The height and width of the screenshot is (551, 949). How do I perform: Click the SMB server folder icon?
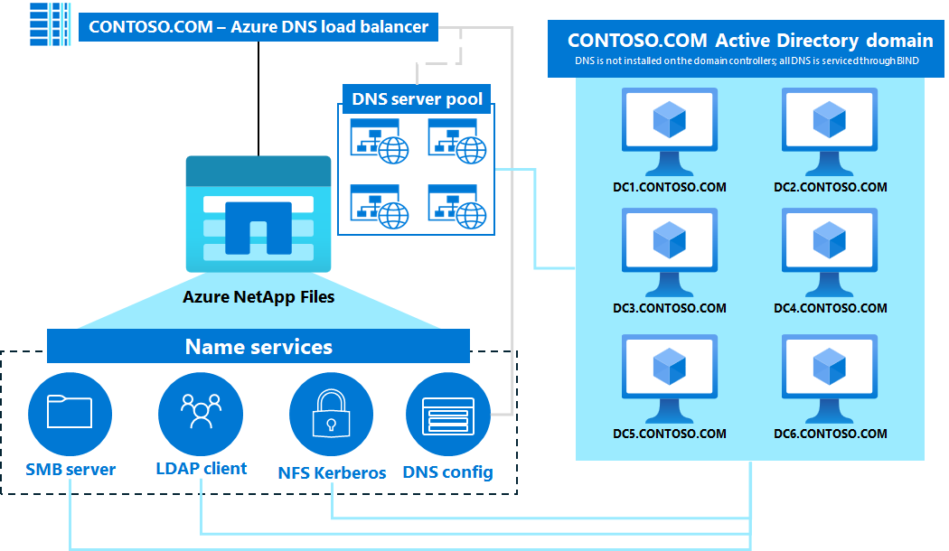70,412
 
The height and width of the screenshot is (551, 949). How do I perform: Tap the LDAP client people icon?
201,412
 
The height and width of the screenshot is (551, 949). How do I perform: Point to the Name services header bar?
258,347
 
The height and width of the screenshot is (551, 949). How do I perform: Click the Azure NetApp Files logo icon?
258,214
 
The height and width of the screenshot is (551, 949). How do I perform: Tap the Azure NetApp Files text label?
258,296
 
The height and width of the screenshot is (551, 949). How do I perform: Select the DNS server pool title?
417,98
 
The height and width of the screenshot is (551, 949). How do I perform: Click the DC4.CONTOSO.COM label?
830,308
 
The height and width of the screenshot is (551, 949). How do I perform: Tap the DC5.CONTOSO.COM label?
669,434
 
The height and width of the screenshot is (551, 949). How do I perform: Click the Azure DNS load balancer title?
258,26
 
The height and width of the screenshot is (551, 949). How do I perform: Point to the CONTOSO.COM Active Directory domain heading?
749,41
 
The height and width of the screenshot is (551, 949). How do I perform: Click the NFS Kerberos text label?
332,472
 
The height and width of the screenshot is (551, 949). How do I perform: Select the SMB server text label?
70,470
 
